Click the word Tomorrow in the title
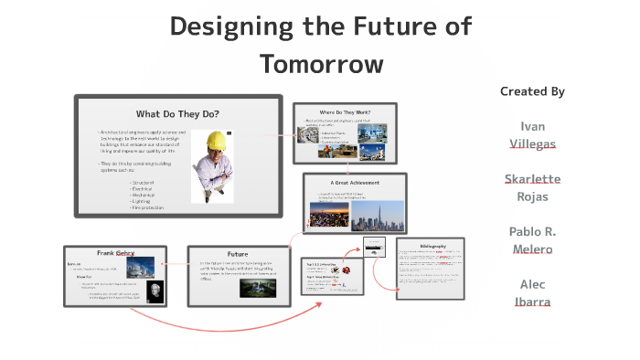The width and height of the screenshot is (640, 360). point(320,64)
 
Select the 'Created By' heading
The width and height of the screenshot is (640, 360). point(532,91)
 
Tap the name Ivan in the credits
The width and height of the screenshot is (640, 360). point(532,126)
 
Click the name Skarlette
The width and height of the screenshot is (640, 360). point(532,178)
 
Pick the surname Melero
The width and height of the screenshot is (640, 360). point(532,249)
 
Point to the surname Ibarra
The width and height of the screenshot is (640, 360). point(532,302)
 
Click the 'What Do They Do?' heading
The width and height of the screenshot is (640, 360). point(177,114)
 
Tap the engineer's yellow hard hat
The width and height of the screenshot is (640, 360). point(217,140)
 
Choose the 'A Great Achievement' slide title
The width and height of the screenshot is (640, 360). point(354,183)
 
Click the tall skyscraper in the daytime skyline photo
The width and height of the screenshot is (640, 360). point(377,211)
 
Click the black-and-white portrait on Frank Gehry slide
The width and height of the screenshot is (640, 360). point(153,291)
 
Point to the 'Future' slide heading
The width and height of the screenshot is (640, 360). point(238,254)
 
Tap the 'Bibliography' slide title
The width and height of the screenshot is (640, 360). point(432,248)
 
